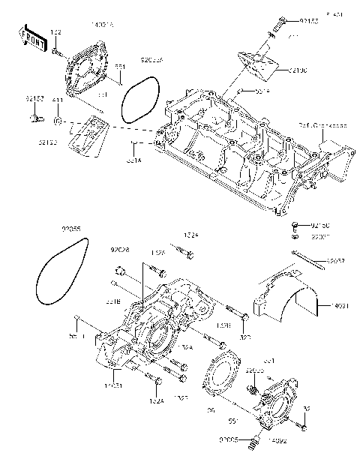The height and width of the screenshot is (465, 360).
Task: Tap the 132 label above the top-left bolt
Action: (56, 31)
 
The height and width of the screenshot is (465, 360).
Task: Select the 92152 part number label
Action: (34, 98)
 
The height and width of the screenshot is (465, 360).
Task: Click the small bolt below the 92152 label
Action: (34, 118)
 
